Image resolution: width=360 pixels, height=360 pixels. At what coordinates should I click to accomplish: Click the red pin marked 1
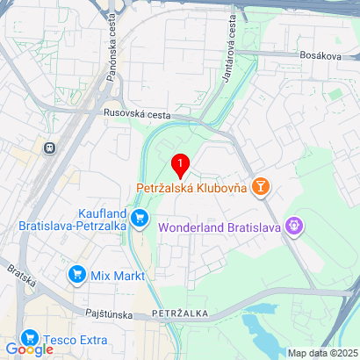point(180,164)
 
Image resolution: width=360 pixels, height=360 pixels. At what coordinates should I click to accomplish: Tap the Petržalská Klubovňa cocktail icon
point(260,186)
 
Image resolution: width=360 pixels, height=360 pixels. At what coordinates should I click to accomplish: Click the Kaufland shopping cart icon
point(140,217)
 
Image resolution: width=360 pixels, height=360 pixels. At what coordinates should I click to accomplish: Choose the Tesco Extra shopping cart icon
point(29,338)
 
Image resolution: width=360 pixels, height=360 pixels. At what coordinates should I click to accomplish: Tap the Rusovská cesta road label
point(137,112)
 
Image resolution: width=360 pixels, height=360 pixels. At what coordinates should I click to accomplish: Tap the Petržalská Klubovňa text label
point(191,187)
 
